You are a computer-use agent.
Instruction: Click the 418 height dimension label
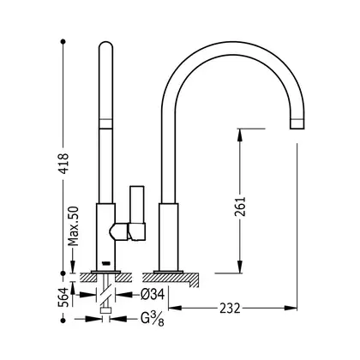(63, 164)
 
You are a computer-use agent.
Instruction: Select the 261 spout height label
(240, 207)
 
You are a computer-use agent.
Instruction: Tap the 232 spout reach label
(230, 309)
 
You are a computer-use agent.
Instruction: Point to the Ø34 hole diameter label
(153, 294)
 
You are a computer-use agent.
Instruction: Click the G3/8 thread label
(153, 319)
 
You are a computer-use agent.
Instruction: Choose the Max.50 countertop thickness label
(73, 226)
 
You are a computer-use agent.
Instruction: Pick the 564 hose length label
(63, 297)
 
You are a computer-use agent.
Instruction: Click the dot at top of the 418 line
(63, 42)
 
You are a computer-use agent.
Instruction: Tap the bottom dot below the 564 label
(63, 321)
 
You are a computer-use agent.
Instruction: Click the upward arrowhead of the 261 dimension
(240, 135)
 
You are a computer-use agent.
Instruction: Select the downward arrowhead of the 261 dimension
(240, 267)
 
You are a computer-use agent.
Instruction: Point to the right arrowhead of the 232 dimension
(291, 308)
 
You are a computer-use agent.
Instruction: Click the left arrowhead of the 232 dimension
(175, 308)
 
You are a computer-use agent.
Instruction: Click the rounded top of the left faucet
(106, 45)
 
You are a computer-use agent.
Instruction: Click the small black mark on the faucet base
(105, 262)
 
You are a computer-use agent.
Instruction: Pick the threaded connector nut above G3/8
(105, 311)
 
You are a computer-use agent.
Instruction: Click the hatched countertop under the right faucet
(171, 277)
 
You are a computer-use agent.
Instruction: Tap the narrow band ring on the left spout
(105, 123)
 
